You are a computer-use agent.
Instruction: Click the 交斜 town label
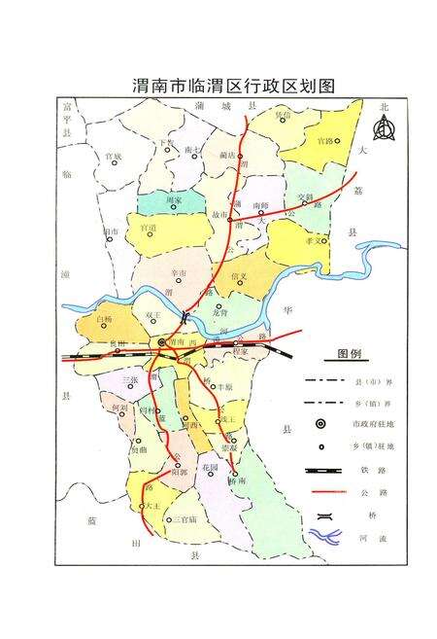(x=305, y=197)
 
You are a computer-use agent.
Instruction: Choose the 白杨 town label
(x=107, y=317)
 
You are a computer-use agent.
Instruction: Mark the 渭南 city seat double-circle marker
(x=162, y=342)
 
